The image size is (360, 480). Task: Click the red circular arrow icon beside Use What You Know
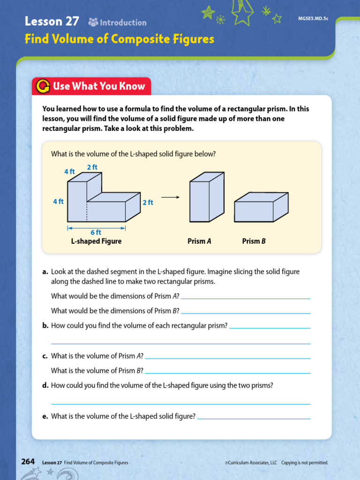click(x=43, y=86)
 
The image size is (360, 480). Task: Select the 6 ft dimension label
click(x=96, y=232)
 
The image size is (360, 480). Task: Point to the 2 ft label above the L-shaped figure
click(x=92, y=167)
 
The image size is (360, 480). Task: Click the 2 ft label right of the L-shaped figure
click(x=148, y=202)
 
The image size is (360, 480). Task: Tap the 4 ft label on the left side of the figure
click(x=58, y=202)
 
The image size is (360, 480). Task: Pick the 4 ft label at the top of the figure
click(x=69, y=172)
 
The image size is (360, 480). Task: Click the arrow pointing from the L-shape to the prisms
click(x=171, y=197)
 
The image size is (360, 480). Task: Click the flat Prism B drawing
click(x=261, y=207)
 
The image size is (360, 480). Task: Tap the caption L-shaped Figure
click(x=96, y=241)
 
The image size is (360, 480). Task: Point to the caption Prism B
click(x=254, y=241)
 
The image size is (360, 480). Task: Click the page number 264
click(x=28, y=462)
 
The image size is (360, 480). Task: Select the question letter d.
click(x=45, y=385)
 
